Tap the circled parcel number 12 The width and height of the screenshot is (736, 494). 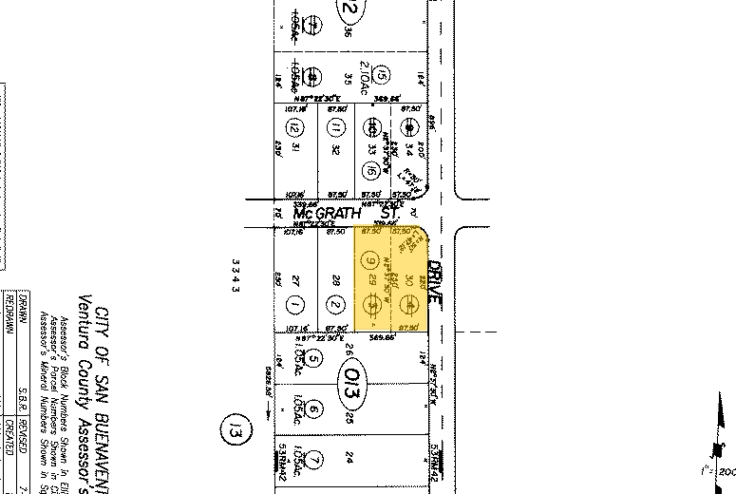pos(295,128)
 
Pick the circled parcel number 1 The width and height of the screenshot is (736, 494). pos(297,304)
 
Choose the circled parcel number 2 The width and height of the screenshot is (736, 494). pos(335,304)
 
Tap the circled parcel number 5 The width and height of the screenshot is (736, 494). pos(316,360)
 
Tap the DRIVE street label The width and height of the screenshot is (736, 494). pos(436,280)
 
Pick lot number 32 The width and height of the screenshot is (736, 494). pos(335,148)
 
